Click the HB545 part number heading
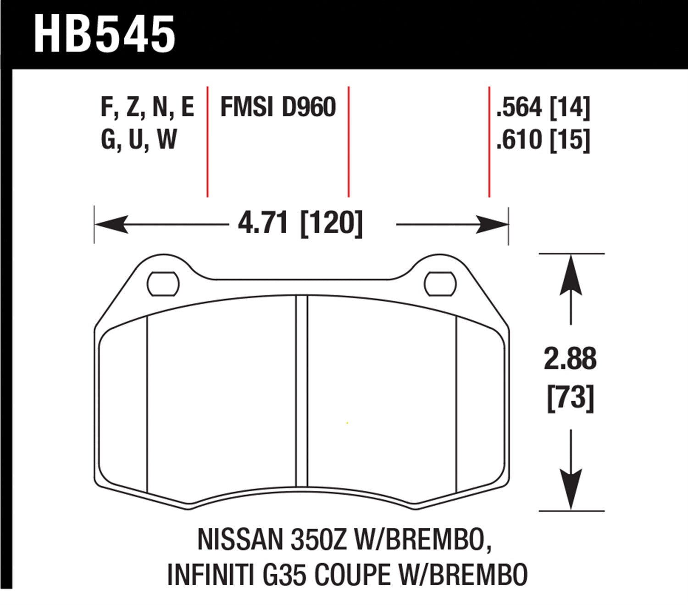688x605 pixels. (x=105, y=34)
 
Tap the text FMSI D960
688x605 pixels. (x=278, y=107)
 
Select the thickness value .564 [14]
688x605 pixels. (x=543, y=107)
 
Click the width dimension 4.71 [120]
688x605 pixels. (x=300, y=224)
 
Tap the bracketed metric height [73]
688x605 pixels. (x=571, y=398)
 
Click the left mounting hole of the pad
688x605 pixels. (x=163, y=284)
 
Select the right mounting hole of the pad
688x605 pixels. (x=440, y=284)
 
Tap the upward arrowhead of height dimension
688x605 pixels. (x=571, y=275)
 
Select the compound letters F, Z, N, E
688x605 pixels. (x=147, y=107)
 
